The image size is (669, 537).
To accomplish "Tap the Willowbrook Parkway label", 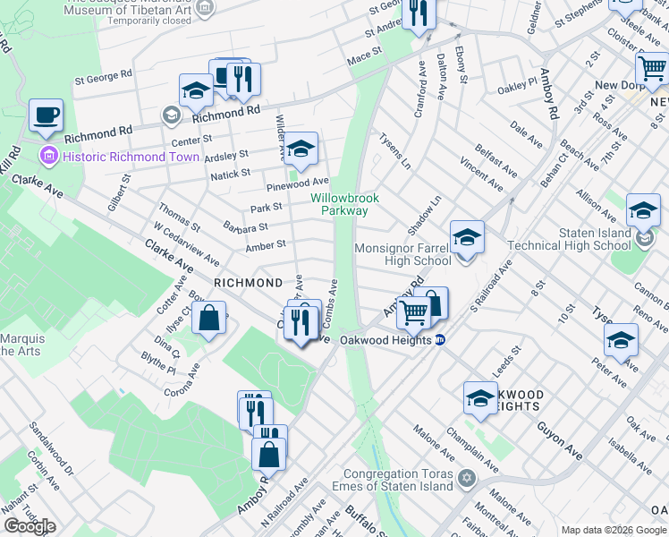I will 345,204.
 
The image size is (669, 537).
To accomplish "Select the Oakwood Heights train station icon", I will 440,340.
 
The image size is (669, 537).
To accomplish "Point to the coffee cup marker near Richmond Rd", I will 46,115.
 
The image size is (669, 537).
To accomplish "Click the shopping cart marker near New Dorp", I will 652,68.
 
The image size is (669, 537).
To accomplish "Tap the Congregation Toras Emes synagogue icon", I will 465,478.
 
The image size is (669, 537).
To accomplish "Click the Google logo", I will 30,525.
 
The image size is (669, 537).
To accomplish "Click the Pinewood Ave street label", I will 298,183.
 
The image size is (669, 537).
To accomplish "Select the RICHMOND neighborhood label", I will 249,283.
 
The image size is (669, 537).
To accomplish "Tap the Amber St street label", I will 266,244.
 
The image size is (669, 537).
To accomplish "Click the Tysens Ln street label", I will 394,152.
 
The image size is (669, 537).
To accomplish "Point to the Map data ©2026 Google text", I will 613,530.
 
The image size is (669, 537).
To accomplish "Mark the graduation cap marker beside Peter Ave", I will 621,340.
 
